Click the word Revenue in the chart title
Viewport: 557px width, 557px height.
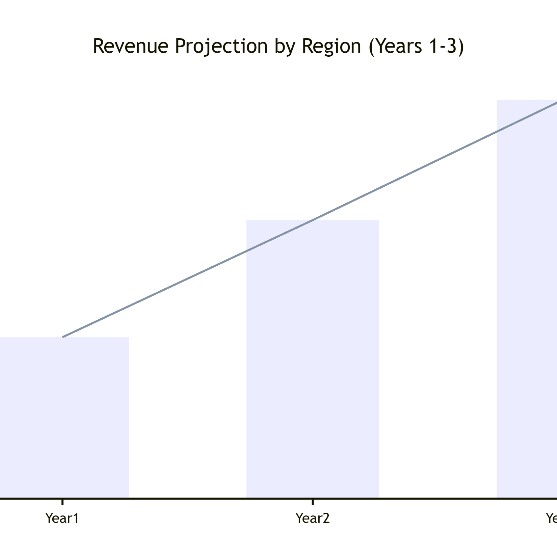click(130, 46)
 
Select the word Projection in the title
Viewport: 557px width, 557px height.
click(221, 46)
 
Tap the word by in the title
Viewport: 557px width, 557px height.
click(284, 46)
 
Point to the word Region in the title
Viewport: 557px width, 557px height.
click(331, 46)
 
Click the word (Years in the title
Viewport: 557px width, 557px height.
click(395, 46)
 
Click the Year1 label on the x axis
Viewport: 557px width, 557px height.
click(62, 518)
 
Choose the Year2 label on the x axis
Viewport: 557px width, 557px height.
click(313, 518)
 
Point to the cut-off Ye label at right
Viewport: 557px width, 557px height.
click(551, 518)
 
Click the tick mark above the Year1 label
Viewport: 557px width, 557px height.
click(62, 501)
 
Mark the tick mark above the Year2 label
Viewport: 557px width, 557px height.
click(313, 501)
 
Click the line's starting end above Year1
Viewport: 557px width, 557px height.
click(63, 337)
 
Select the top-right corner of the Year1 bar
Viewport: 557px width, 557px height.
click(129, 337)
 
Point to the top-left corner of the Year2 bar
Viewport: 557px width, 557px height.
click(247, 220)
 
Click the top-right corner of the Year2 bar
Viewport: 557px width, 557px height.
click(379, 220)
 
